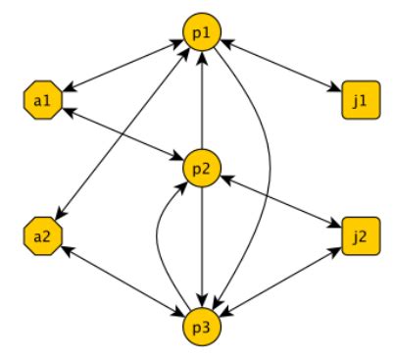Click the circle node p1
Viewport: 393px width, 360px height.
coord(202,33)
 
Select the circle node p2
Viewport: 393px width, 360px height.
coord(200,167)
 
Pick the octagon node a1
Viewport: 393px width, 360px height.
coord(40,99)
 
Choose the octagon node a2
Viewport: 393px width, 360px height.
coord(40,235)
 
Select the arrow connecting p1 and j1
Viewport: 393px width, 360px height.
coord(279,67)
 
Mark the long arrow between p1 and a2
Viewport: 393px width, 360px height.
coord(123,132)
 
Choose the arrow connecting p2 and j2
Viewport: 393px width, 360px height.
coord(278,201)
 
